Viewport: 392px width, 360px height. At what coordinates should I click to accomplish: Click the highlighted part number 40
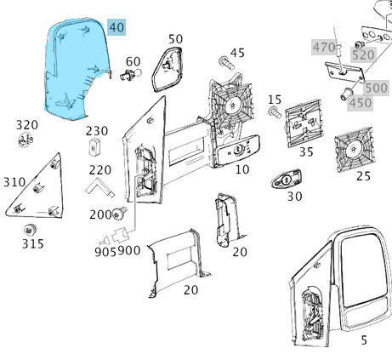coord(116,28)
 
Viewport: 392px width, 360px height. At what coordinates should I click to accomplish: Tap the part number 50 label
coord(175,39)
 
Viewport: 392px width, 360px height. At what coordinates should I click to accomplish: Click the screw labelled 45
coord(226,62)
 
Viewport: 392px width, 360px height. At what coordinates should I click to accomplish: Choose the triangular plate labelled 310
coord(41,186)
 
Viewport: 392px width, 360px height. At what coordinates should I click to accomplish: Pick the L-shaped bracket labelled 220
coord(99,182)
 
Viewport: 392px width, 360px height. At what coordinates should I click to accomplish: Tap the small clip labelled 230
coord(93,149)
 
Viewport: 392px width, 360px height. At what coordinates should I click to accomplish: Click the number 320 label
coord(27,125)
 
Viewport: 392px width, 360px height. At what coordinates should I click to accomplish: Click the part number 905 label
coord(105,251)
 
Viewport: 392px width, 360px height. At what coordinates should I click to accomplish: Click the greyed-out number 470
coord(323,47)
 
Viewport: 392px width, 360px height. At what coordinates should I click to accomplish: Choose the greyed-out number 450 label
coord(360,103)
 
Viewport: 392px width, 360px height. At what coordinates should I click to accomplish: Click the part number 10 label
coord(242,169)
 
